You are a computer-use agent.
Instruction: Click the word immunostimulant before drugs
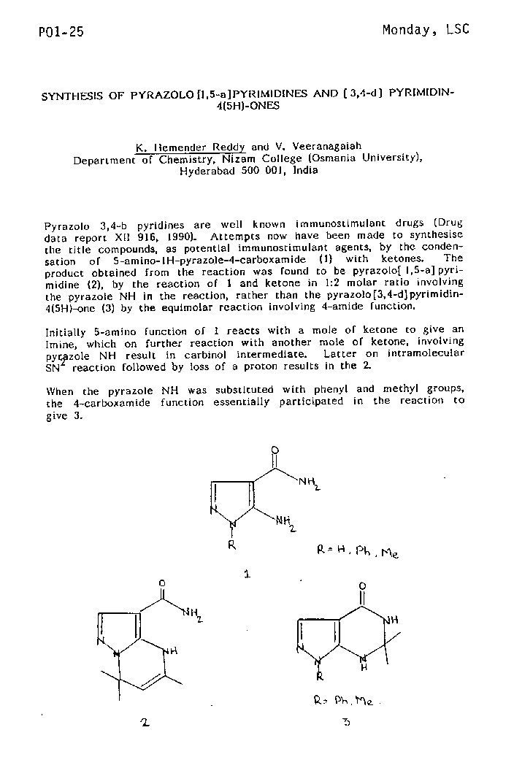335,223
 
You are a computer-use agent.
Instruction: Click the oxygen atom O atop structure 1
275,450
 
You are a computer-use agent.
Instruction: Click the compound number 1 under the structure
248,574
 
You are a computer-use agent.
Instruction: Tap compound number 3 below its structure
345,723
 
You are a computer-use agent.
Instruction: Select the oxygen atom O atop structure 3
363,585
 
